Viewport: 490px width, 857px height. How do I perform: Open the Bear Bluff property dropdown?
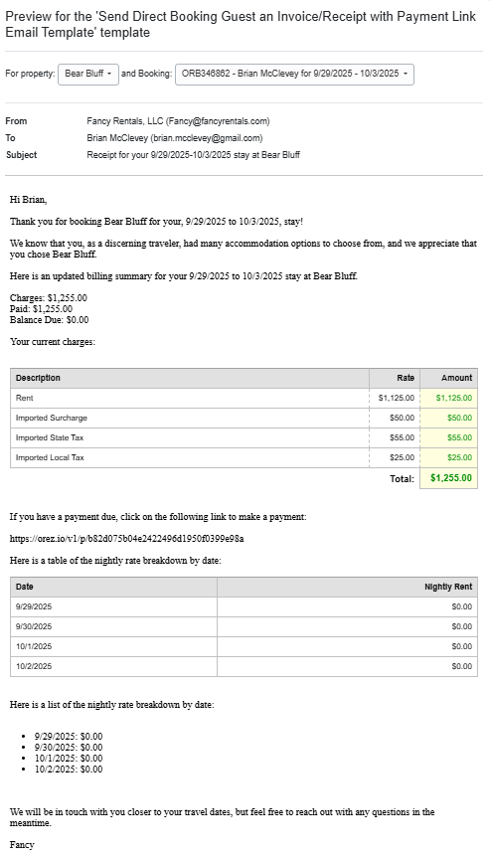click(x=87, y=74)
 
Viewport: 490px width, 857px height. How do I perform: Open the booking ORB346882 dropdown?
click(x=293, y=74)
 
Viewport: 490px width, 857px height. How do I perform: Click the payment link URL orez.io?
click(x=126, y=539)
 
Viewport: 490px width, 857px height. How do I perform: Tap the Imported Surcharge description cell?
click(x=51, y=418)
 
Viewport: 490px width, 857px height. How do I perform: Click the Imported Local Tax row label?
click(x=50, y=457)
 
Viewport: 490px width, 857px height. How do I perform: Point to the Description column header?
click(x=38, y=378)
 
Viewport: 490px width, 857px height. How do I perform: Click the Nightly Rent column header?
click(x=447, y=587)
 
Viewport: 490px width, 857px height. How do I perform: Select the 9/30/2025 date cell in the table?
click(x=34, y=626)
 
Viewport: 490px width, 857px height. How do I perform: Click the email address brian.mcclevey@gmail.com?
click(x=208, y=138)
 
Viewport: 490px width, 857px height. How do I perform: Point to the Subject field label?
click(x=21, y=155)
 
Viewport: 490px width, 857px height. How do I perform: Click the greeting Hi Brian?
click(x=28, y=200)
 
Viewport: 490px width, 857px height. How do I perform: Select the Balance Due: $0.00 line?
click(x=49, y=320)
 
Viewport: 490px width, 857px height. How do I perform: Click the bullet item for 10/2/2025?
click(x=68, y=769)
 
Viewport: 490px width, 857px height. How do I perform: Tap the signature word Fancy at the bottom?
click(x=22, y=845)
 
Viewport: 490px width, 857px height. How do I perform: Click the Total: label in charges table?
click(x=402, y=478)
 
